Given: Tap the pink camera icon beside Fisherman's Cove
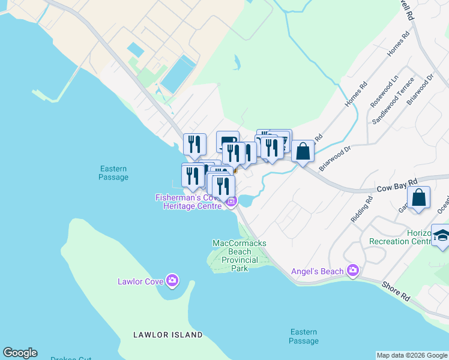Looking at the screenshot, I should (231, 202).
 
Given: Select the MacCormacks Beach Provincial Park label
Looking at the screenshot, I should (240, 256).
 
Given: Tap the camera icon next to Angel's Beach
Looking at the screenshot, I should (353, 271).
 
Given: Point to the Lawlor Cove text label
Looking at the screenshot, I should (140, 280).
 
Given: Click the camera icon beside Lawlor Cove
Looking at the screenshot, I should (173, 280).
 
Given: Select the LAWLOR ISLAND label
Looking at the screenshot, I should (168, 335).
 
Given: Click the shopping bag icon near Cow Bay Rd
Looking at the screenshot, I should (419, 197).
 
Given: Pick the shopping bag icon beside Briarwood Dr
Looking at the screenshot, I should (304, 151).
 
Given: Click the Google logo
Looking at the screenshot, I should (20, 353).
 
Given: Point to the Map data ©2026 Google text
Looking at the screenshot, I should (412, 355).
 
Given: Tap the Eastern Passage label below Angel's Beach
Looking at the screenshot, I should (303, 337).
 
